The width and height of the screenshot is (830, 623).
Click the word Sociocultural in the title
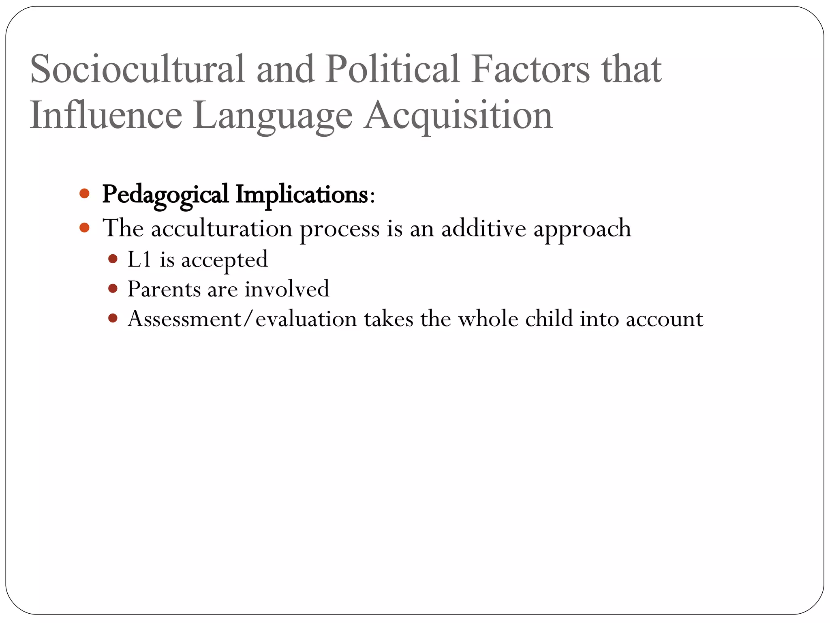coord(137,69)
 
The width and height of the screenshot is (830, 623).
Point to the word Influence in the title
coord(106,115)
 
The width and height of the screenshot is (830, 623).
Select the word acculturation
coord(222,228)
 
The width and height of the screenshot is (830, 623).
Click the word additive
coord(483,228)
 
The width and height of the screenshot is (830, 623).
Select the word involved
coord(287,289)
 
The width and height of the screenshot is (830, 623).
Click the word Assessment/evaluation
coord(242,319)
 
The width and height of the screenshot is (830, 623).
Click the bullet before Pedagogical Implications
coord(84,193)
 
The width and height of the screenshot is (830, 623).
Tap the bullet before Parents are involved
coord(113,288)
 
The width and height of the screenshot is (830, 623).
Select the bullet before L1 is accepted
coord(113,258)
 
